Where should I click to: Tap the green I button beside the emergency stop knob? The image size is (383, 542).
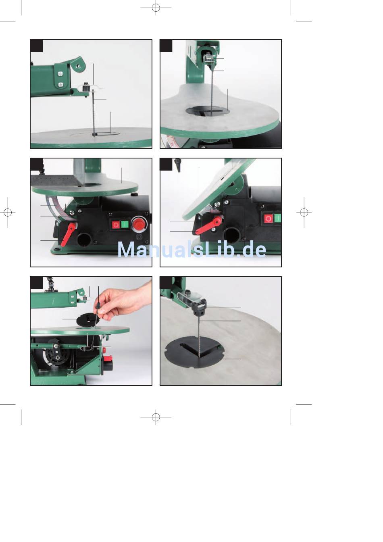pyautogui.click(x=124, y=225)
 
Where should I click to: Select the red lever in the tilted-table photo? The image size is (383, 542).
pyautogui.click(x=208, y=225)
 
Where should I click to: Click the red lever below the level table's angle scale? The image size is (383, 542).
pyautogui.click(x=68, y=234)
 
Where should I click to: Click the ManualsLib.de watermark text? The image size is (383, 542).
pyautogui.click(x=191, y=250)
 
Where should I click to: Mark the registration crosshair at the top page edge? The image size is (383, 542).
pyautogui.click(x=156, y=8)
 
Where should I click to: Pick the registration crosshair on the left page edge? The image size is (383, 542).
pyautogui.click(x=8, y=213)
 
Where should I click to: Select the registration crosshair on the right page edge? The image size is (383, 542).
pyautogui.click(x=304, y=213)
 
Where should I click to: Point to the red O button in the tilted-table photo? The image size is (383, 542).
pyautogui.click(x=268, y=219)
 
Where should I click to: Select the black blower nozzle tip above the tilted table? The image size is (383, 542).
pyautogui.click(x=178, y=165)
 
